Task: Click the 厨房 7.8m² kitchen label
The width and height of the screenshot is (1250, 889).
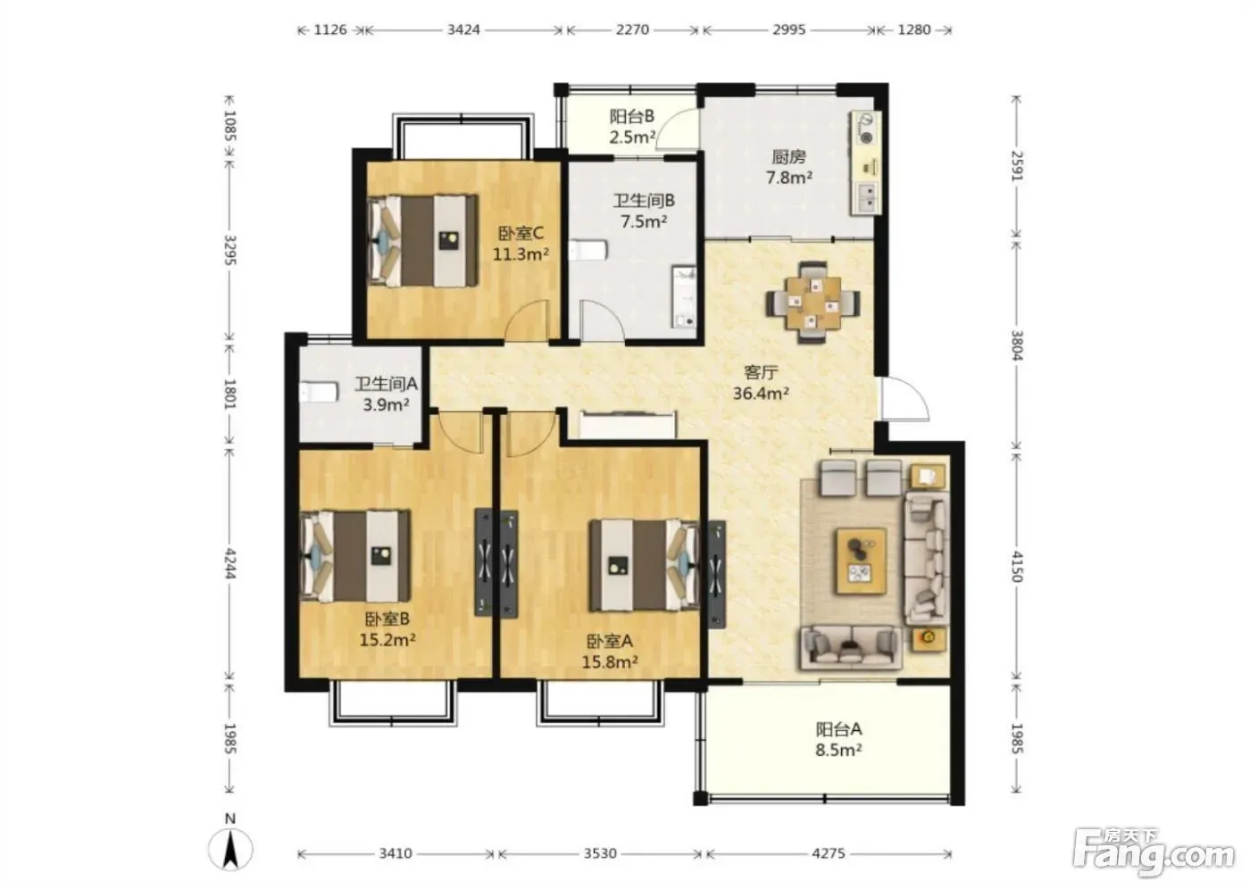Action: point(788,167)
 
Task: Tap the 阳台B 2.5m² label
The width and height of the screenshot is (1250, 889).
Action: point(632,126)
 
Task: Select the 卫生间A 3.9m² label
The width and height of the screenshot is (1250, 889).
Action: point(386,394)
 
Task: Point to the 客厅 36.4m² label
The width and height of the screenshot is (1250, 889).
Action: point(761,383)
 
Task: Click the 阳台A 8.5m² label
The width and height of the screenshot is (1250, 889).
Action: point(838,740)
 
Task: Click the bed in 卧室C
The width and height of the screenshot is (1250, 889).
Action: point(423,241)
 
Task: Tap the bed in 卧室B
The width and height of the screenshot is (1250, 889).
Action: point(355,556)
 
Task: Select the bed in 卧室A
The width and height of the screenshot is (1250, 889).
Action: point(645,566)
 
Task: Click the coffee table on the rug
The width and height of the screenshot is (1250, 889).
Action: point(861,561)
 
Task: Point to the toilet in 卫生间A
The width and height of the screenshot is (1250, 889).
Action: point(319,392)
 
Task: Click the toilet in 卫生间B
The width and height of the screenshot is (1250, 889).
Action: point(587,251)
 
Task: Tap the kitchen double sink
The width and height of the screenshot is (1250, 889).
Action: point(867,197)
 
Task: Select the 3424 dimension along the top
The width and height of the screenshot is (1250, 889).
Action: point(463,29)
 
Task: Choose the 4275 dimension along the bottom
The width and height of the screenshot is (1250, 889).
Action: point(829,854)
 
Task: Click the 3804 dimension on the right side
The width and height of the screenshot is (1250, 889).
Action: point(1017,345)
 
